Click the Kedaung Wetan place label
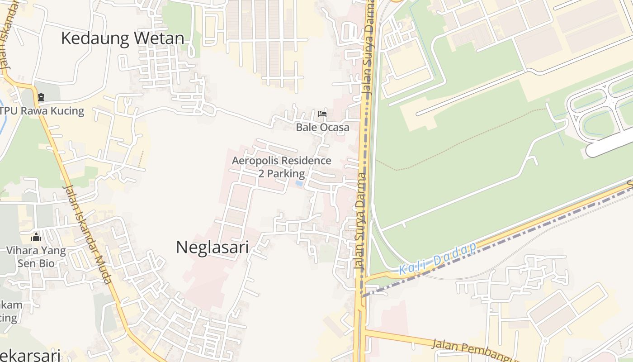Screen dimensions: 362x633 pos(123,38)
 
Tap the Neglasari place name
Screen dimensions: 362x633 pos(212,247)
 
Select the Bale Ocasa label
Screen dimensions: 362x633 pos(322,128)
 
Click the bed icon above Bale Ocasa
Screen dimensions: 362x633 pos(322,114)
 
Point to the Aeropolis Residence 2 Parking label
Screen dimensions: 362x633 pos(281,167)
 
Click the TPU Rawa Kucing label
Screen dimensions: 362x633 pos(42,111)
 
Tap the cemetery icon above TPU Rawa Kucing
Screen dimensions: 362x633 pos(41,97)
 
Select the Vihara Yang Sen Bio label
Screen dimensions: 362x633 pos(36,257)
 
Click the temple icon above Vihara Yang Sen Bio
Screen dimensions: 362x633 pos(36,237)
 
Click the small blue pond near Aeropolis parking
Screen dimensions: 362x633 pos(299,184)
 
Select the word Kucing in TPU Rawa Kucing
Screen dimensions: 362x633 pos(67,111)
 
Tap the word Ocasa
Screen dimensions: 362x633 pos(335,128)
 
